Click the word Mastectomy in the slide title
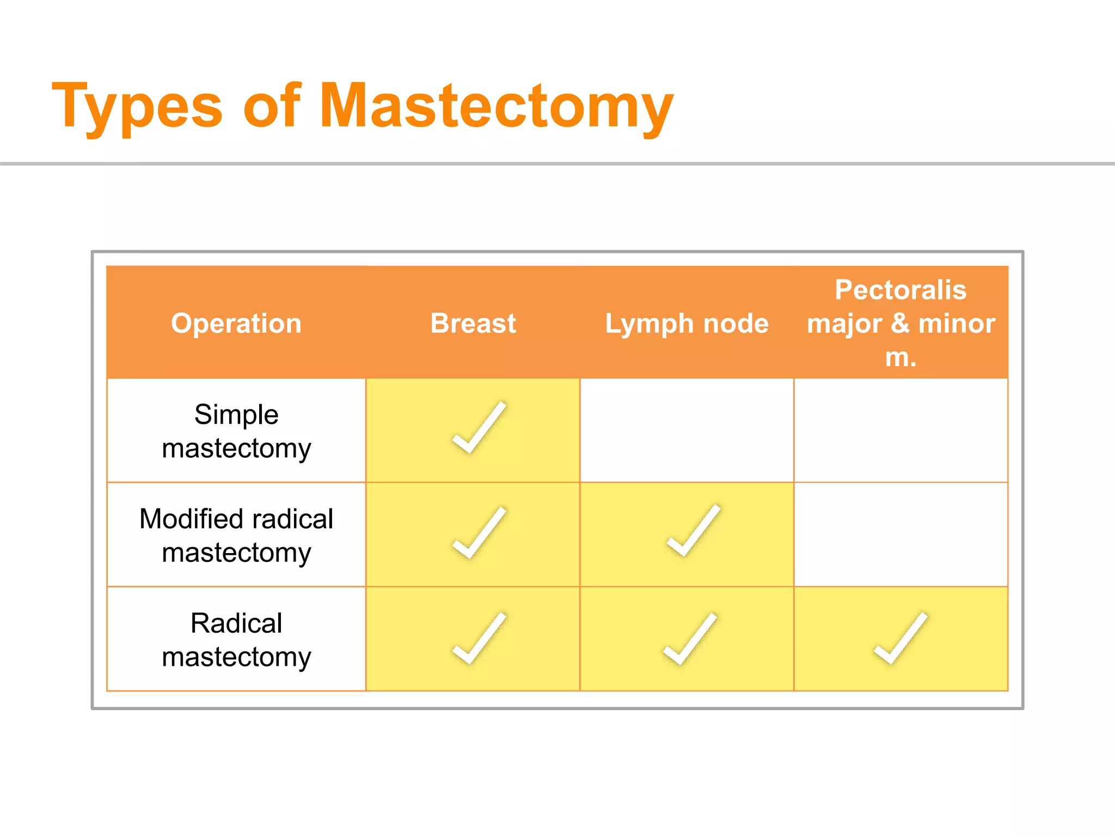click(x=495, y=106)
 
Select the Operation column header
click(x=236, y=323)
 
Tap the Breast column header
click(x=473, y=323)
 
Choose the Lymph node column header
click(x=687, y=323)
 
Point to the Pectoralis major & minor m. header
click(x=900, y=323)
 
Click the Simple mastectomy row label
click(x=236, y=431)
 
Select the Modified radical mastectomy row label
click(x=236, y=535)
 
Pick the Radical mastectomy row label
click(x=236, y=640)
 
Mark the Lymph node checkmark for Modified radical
click(x=692, y=531)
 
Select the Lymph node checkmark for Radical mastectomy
click(x=688, y=639)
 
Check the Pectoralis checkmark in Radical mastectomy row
click(x=899, y=639)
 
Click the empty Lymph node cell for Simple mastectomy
click(x=687, y=430)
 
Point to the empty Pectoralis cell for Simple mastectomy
click(x=900, y=430)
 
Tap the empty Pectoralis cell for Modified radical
click(x=900, y=535)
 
